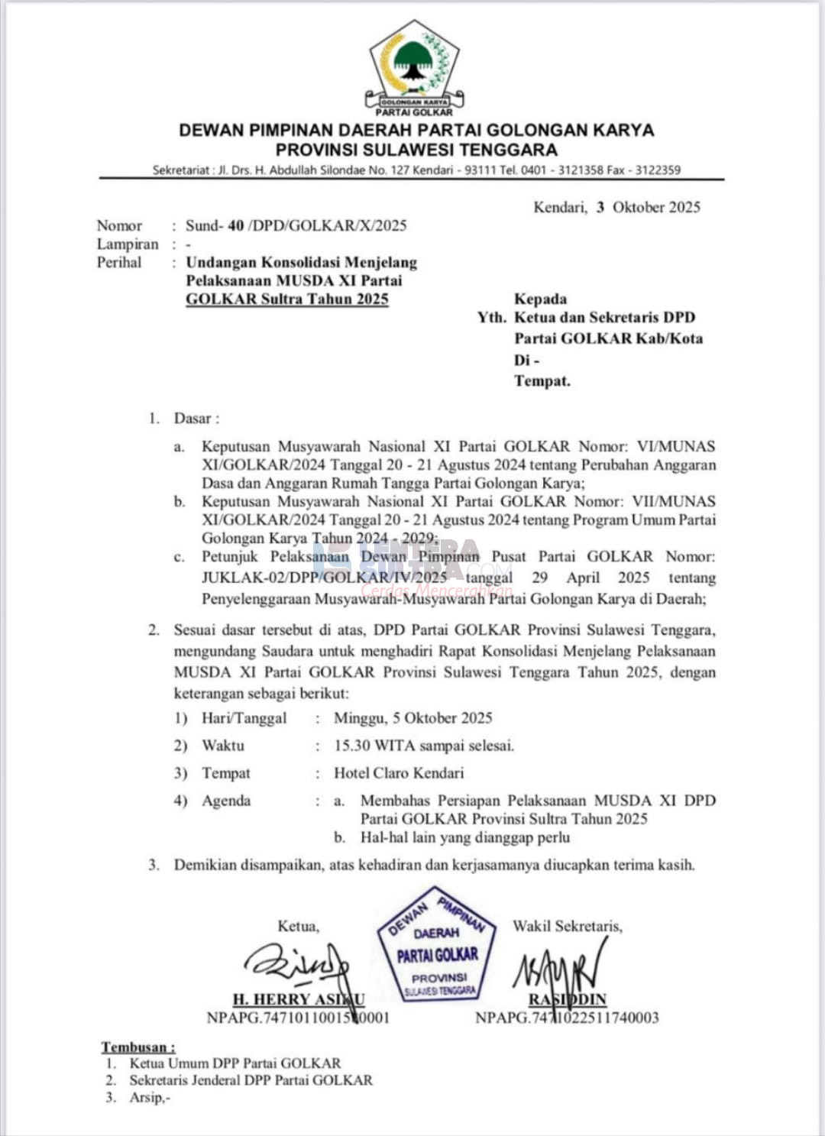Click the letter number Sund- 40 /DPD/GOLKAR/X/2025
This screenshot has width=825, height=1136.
coord(296,225)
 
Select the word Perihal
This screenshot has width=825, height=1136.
coord(119,262)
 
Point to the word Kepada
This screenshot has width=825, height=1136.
coord(540,299)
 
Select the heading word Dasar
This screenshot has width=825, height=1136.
coord(192,419)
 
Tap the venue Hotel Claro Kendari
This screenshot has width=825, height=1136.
coord(399,773)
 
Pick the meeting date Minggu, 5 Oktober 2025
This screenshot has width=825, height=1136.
coord(412,718)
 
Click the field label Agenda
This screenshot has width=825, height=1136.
coord(226,801)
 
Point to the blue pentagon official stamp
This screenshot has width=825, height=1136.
coord(437,946)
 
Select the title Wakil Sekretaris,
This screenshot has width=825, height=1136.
coord(567,926)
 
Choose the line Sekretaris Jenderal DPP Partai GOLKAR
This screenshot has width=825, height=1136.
coord(251,1080)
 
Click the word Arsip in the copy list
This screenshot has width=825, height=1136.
coord(147,1098)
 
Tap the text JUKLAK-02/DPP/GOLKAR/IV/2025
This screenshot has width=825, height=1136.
coord(325,578)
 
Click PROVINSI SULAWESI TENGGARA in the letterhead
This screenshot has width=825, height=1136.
coord(416,150)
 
